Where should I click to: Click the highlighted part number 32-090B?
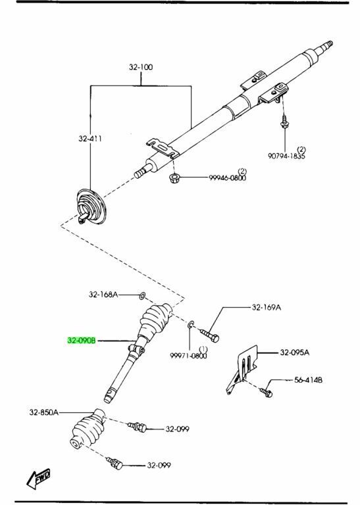[82, 341]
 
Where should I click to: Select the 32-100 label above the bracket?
[141, 67]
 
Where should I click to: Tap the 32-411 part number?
[90, 139]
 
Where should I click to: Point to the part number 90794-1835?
[286, 156]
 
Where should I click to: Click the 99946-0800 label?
[227, 178]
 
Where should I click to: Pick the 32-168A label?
[103, 295]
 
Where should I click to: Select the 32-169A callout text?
[266, 308]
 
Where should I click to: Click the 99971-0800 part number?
[188, 356]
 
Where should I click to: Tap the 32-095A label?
[294, 352]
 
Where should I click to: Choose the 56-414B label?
[308, 380]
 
